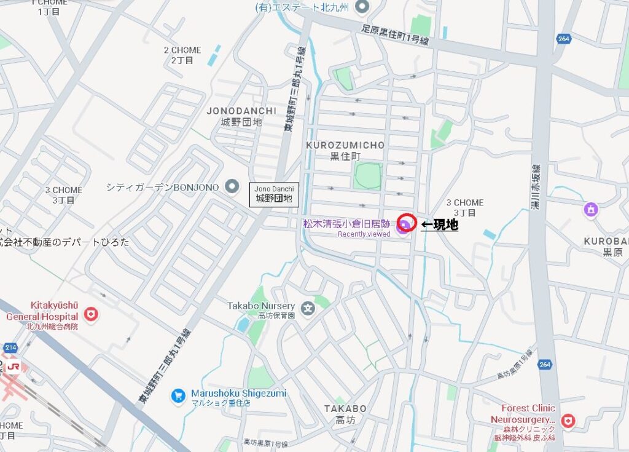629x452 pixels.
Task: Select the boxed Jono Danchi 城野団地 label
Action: (274, 194)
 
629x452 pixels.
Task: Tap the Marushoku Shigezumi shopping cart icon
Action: (178, 395)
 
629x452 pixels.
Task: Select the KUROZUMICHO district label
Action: (345, 146)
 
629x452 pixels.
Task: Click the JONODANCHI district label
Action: (241, 111)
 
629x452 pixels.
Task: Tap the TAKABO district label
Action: (345, 409)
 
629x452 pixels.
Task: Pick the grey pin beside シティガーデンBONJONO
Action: (232, 186)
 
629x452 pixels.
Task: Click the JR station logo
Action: (12, 368)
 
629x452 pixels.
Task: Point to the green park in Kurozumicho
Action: (367, 176)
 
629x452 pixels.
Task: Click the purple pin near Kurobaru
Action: (590, 210)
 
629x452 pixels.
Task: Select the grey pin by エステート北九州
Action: (362, 7)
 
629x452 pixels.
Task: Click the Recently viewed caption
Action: (364, 234)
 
